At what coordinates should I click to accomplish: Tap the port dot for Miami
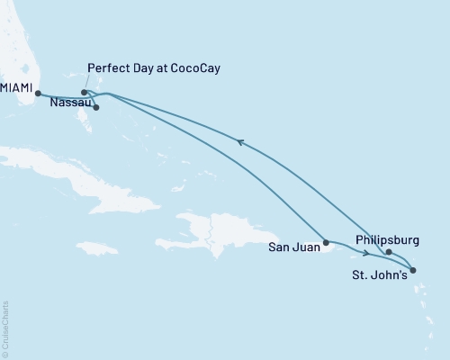(38, 93)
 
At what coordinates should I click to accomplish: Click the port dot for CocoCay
(84, 92)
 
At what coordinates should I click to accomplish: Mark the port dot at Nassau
(95, 108)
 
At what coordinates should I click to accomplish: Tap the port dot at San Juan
(327, 242)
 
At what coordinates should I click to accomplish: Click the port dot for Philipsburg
(389, 253)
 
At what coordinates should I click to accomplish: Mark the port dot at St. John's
(411, 270)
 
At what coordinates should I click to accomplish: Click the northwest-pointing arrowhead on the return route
(238, 140)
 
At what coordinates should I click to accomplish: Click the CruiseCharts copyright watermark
(6, 328)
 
